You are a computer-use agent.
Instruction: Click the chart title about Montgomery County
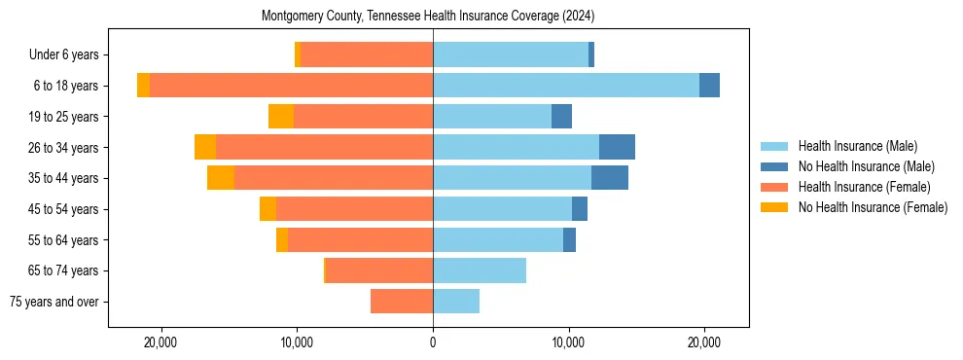pos(428,16)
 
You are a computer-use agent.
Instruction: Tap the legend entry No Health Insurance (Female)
pos(873,207)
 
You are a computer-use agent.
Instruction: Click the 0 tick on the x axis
pos(433,342)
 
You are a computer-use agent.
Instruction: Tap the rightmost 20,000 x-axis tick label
pos(704,342)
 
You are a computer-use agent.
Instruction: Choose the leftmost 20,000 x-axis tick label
pos(160,342)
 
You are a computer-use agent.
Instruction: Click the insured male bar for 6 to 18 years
pos(566,86)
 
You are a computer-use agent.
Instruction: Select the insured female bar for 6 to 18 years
pos(292,86)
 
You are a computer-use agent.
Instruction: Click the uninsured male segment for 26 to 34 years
pos(617,147)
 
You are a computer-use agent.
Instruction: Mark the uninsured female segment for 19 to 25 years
pos(281,117)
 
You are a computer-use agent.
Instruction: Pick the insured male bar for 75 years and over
pos(456,302)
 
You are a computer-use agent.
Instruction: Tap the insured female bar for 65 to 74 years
pos(379,270)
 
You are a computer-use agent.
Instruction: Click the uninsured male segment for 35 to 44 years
pos(610,178)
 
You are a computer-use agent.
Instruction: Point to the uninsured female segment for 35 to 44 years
pos(221,178)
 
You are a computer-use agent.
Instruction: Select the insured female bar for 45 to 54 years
pos(354,209)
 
